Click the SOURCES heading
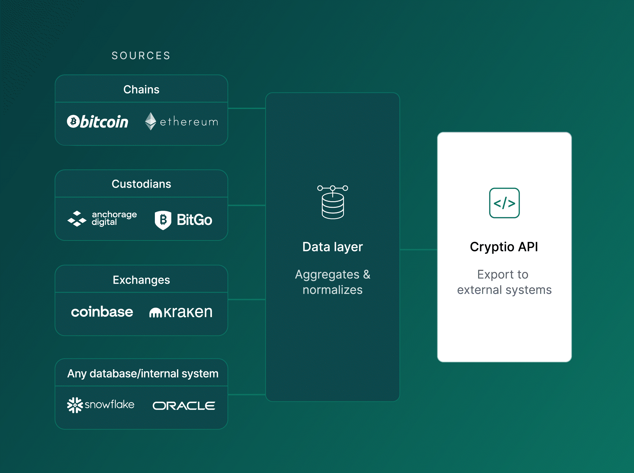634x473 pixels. click(x=141, y=55)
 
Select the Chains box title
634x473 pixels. click(x=141, y=90)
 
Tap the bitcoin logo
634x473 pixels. click(x=98, y=122)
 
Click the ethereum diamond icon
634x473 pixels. click(x=151, y=121)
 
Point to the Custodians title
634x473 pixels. click(x=141, y=184)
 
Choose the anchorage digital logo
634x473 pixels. click(x=102, y=219)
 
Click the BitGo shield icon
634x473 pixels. click(x=163, y=220)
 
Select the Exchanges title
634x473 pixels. click(x=141, y=280)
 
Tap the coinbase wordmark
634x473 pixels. click(x=102, y=312)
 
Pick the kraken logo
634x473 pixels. click(x=181, y=312)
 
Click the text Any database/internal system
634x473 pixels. click(x=143, y=374)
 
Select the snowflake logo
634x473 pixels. click(x=101, y=405)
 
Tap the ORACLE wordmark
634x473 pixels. click(x=184, y=406)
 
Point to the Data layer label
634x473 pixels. click(x=333, y=247)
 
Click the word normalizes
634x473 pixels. click(x=333, y=290)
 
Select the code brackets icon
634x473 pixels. click(x=504, y=203)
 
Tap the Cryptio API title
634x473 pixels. click(x=504, y=247)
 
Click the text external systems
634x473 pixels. click(x=504, y=290)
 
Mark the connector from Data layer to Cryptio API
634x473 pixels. click(x=418, y=250)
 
